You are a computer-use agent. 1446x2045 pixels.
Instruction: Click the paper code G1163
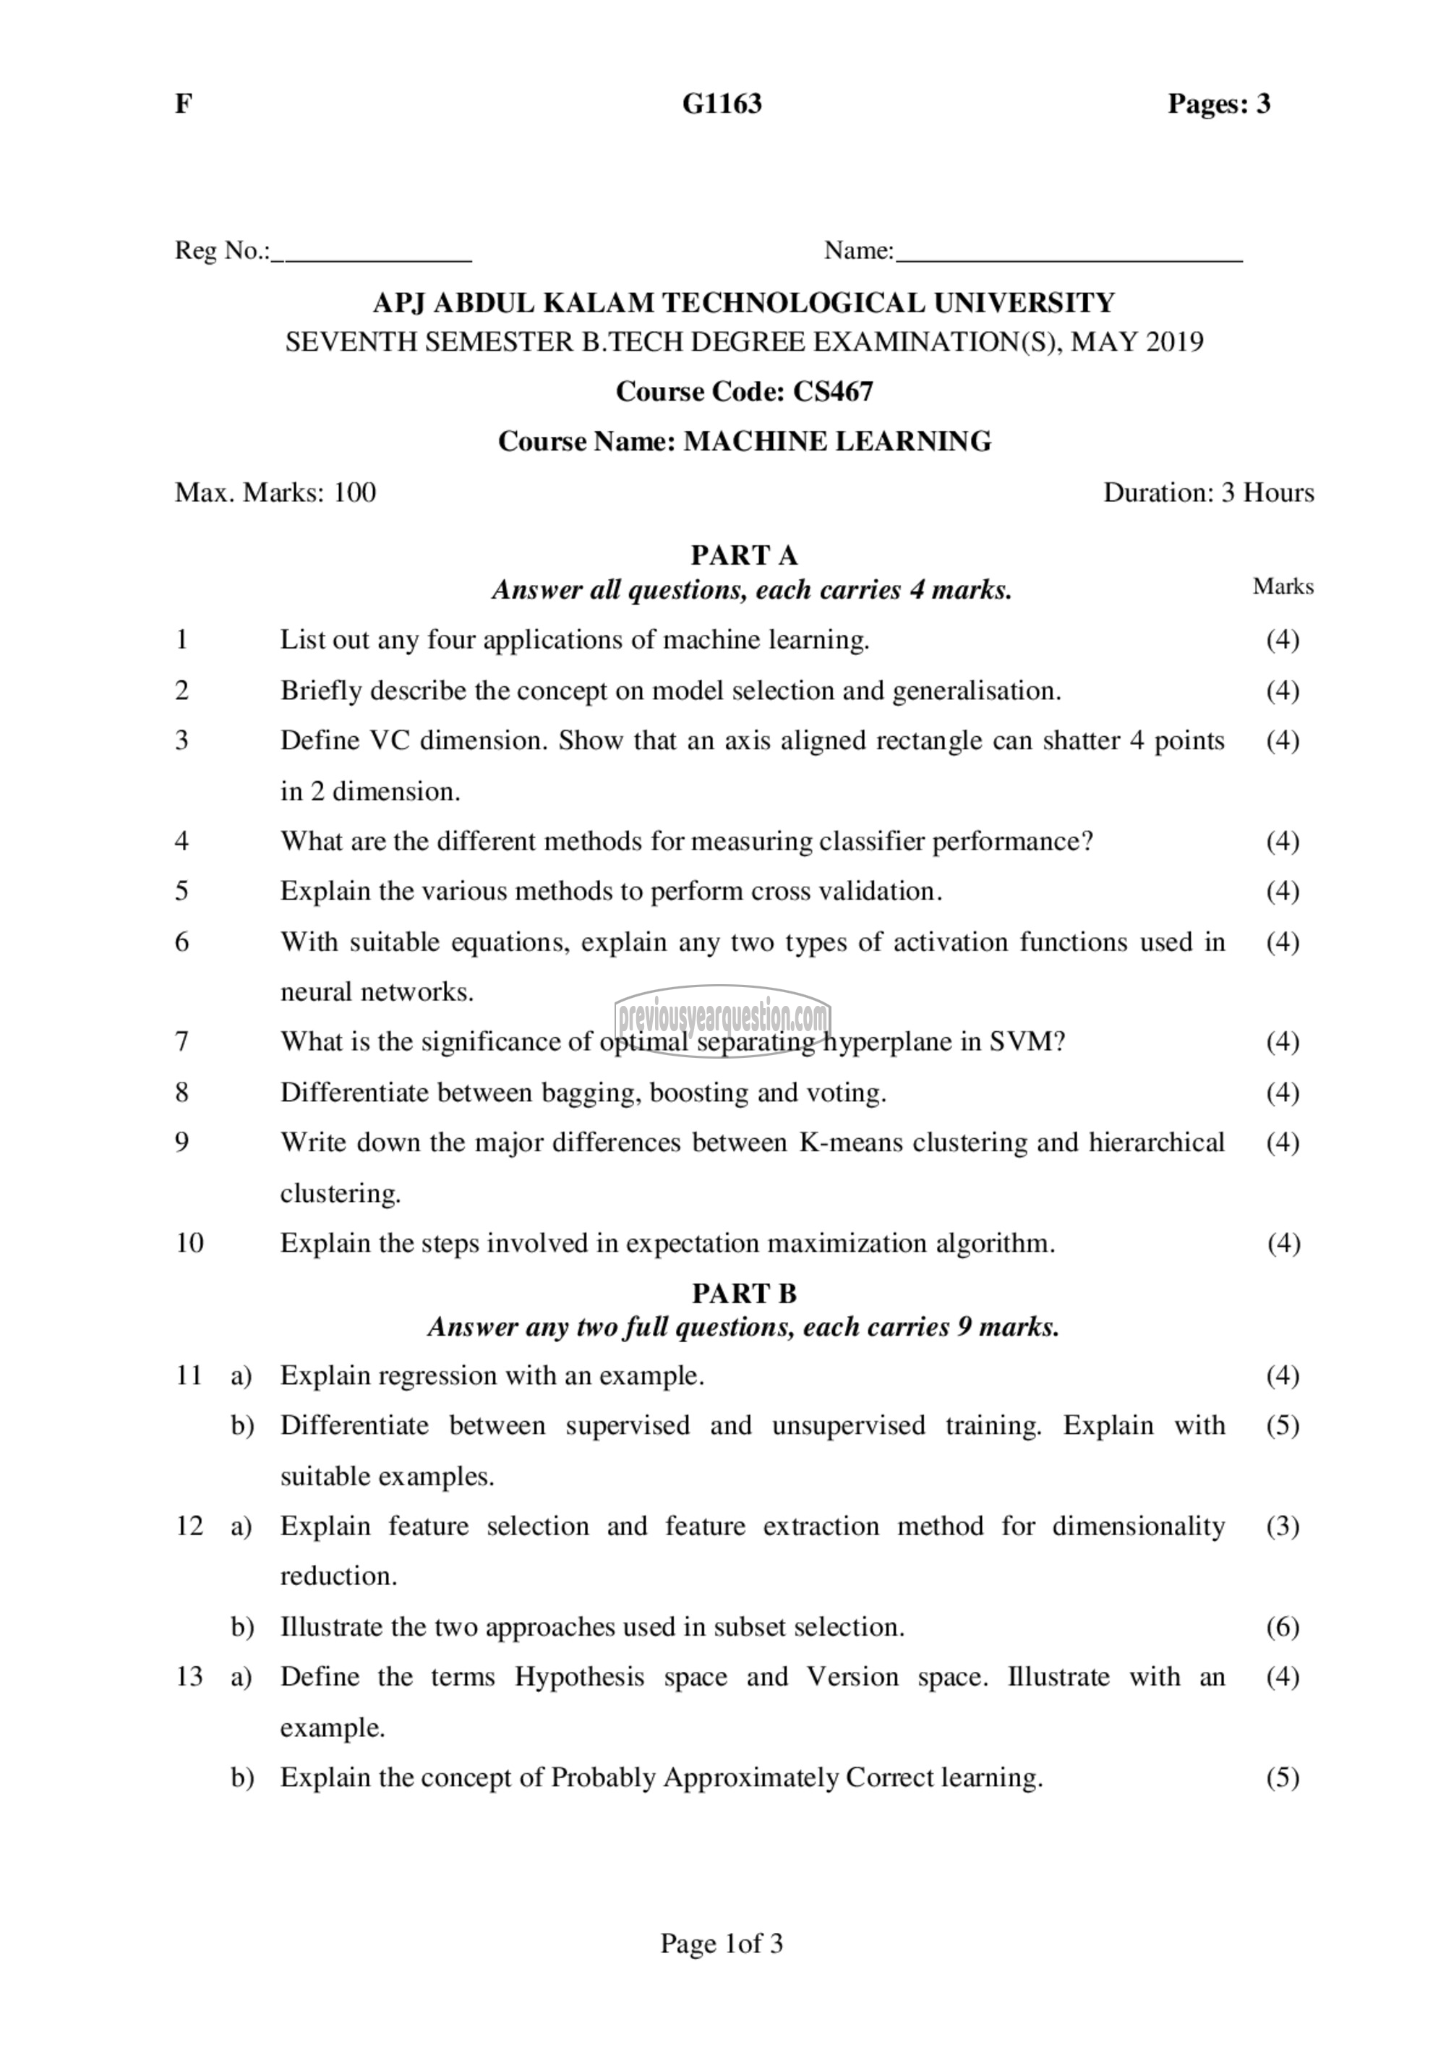(x=722, y=104)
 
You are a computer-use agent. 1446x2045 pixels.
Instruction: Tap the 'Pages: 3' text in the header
(x=1219, y=104)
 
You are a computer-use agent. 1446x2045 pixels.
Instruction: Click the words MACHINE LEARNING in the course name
(x=837, y=441)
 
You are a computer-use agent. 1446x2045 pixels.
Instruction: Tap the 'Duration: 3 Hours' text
(x=1208, y=492)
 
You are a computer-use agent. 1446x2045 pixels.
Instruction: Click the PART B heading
(x=745, y=1292)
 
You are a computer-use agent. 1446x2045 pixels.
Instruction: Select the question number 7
(x=182, y=1041)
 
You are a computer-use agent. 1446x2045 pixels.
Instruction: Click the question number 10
(x=189, y=1242)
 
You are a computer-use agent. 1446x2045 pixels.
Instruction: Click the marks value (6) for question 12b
(x=1282, y=1627)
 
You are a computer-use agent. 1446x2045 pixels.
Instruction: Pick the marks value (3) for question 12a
(x=1282, y=1527)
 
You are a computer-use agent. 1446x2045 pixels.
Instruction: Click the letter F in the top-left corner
(x=182, y=104)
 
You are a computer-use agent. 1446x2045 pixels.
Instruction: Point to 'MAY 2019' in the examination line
(x=1136, y=342)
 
